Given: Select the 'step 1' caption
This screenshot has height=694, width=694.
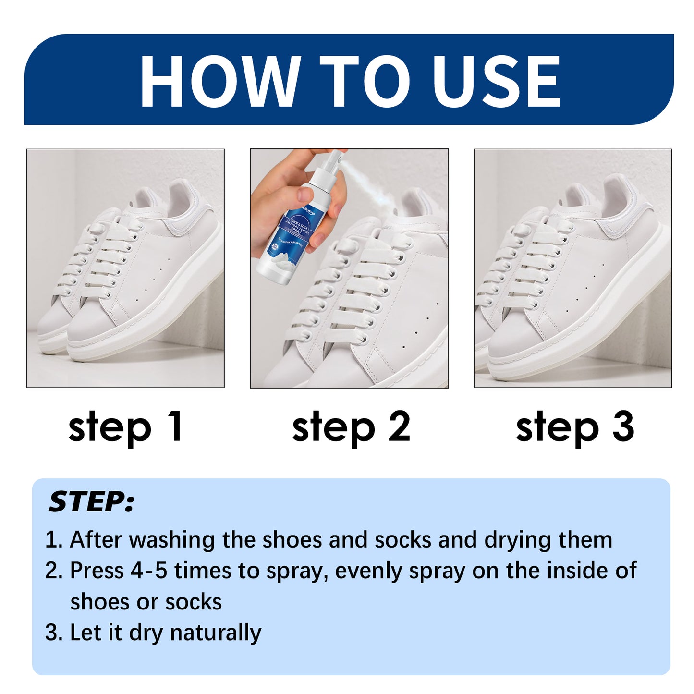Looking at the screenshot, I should click(x=125, y=426).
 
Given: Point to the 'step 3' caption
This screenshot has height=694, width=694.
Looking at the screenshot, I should click(x=574, y=426).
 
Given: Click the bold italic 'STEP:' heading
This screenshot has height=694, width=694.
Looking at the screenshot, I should click(x=91, y=502).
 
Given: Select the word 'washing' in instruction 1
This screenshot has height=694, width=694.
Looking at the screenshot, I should click(x=171, y=540).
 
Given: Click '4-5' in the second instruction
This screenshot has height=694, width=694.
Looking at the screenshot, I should click(x=148, y=571).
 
